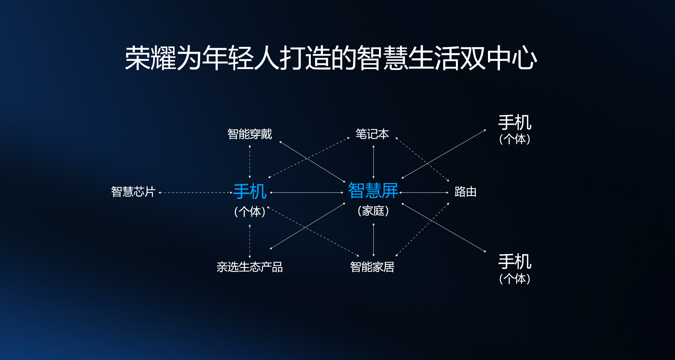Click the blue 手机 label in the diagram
coord(250,191)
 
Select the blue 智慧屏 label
coord(373,190)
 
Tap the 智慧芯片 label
coord(133,192)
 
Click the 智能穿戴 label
coord(250,134)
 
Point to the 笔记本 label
coord(372,134)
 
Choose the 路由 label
coord(465,192)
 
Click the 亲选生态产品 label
coord(250,267)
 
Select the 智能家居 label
coord(372,267)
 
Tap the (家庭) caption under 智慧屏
coord(373,211)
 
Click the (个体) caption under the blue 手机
coord(250,212)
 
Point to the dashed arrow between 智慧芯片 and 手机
coord(196,193)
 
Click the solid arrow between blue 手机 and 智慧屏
coord(307,193)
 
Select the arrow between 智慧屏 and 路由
coord(424,193)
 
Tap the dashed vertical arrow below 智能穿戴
coord(250,162)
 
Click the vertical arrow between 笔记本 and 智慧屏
coord(373,162)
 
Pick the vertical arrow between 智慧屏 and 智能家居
coord(373,240)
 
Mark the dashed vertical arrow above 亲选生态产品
coord(250,241)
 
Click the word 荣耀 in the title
coord(150,58)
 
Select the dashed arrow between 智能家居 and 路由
coord(422,229)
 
